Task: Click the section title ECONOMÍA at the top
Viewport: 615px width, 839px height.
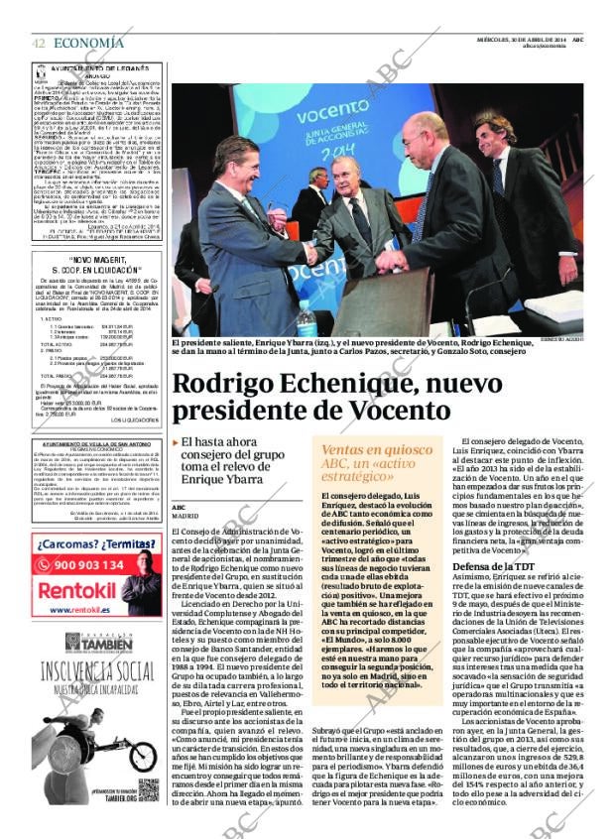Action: tap(88, 43)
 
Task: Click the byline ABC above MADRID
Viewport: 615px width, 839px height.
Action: tap(179, 506)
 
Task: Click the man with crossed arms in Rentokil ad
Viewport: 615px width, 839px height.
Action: tap(142, 590)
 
